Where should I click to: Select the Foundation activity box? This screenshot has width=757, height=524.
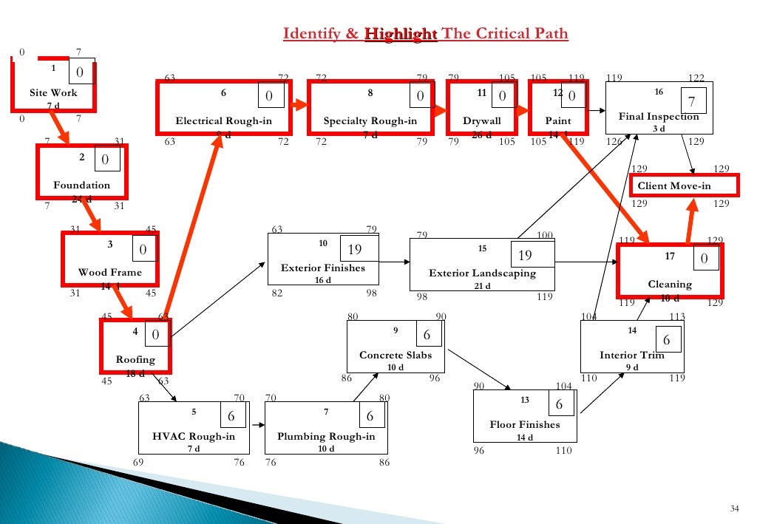click(81, 171)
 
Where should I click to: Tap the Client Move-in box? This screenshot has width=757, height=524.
click(673, 186)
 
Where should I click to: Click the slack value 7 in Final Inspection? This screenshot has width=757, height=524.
click(691, 101)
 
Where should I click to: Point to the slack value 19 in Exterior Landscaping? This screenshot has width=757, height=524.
click(526, 256)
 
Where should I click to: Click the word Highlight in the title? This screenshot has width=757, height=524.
click(401, 35)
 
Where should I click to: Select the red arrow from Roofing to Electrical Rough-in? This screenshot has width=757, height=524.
click(194, 229)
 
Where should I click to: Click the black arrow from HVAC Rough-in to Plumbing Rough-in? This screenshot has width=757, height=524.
click(257, 426)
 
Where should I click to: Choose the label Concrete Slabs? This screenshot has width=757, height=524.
click(396, 355)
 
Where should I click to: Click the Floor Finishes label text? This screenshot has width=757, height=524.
click(525, 424)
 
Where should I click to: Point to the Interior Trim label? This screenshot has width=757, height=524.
click(632, 355)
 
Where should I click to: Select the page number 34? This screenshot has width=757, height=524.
click(734, 507)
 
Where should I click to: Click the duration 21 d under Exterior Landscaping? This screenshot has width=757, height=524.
click(482, 286)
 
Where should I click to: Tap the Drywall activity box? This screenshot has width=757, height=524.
click(481, 108)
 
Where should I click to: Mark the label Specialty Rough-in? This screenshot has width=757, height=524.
click(370, 121)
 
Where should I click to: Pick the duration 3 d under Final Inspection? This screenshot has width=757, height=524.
click(659, 129)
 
